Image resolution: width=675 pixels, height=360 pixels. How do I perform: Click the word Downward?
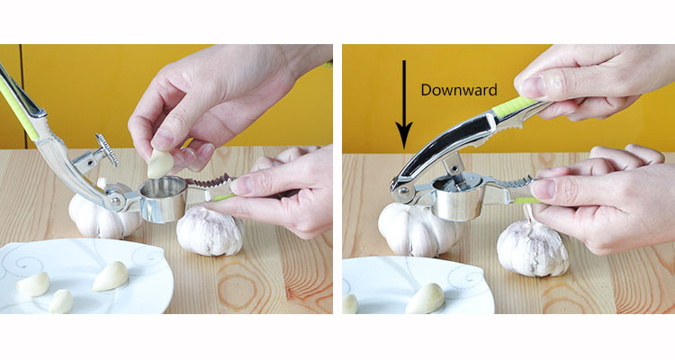pos(459,90)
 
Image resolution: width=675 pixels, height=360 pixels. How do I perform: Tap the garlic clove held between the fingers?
pos(160,164)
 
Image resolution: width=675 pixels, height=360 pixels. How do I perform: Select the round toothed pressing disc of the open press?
pos(107,149)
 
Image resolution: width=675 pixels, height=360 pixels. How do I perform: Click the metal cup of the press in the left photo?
pos(164,199)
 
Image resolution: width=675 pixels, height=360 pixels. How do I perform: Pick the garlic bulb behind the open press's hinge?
pos(104,213)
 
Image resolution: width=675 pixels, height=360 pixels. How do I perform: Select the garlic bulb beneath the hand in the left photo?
pos(211,231)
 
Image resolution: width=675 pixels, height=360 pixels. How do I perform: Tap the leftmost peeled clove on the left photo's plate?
pos(33,284)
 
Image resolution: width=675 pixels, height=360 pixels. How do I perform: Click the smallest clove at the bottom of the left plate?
pos(61,301)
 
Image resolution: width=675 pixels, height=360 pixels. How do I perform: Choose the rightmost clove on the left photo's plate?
pos(111,276)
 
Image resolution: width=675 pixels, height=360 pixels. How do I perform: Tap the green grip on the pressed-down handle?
pos(514,107)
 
